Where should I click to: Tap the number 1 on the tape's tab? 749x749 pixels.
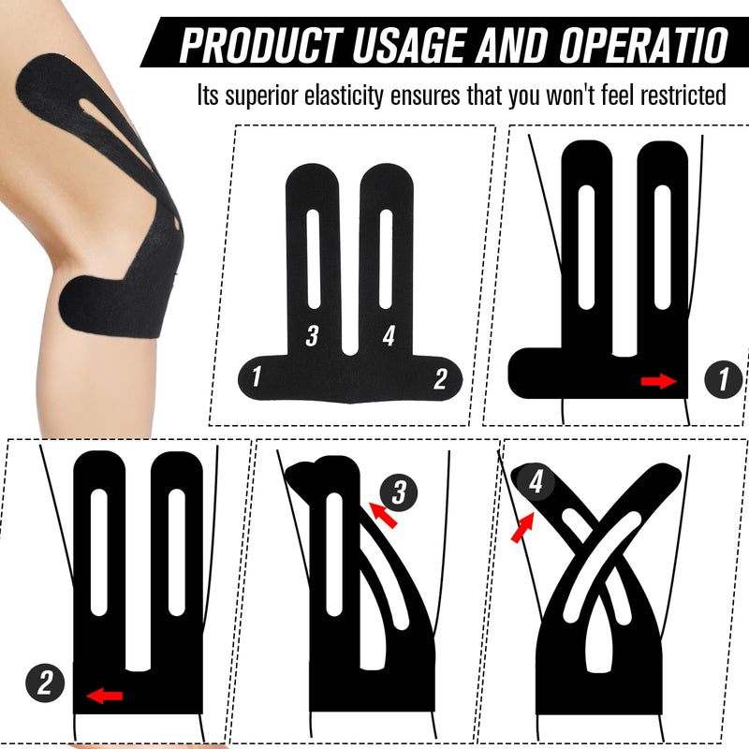[256, 377]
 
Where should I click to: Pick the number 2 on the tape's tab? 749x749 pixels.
[440, 377]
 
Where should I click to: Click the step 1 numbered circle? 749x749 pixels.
[722, 379]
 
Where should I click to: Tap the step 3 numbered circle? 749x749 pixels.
[399, 490]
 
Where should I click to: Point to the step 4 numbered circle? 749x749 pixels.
[535, 483]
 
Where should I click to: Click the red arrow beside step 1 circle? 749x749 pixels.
[658, 380]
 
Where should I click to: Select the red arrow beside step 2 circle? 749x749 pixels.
[104, 695]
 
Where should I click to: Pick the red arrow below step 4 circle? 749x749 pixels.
[521, 528]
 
